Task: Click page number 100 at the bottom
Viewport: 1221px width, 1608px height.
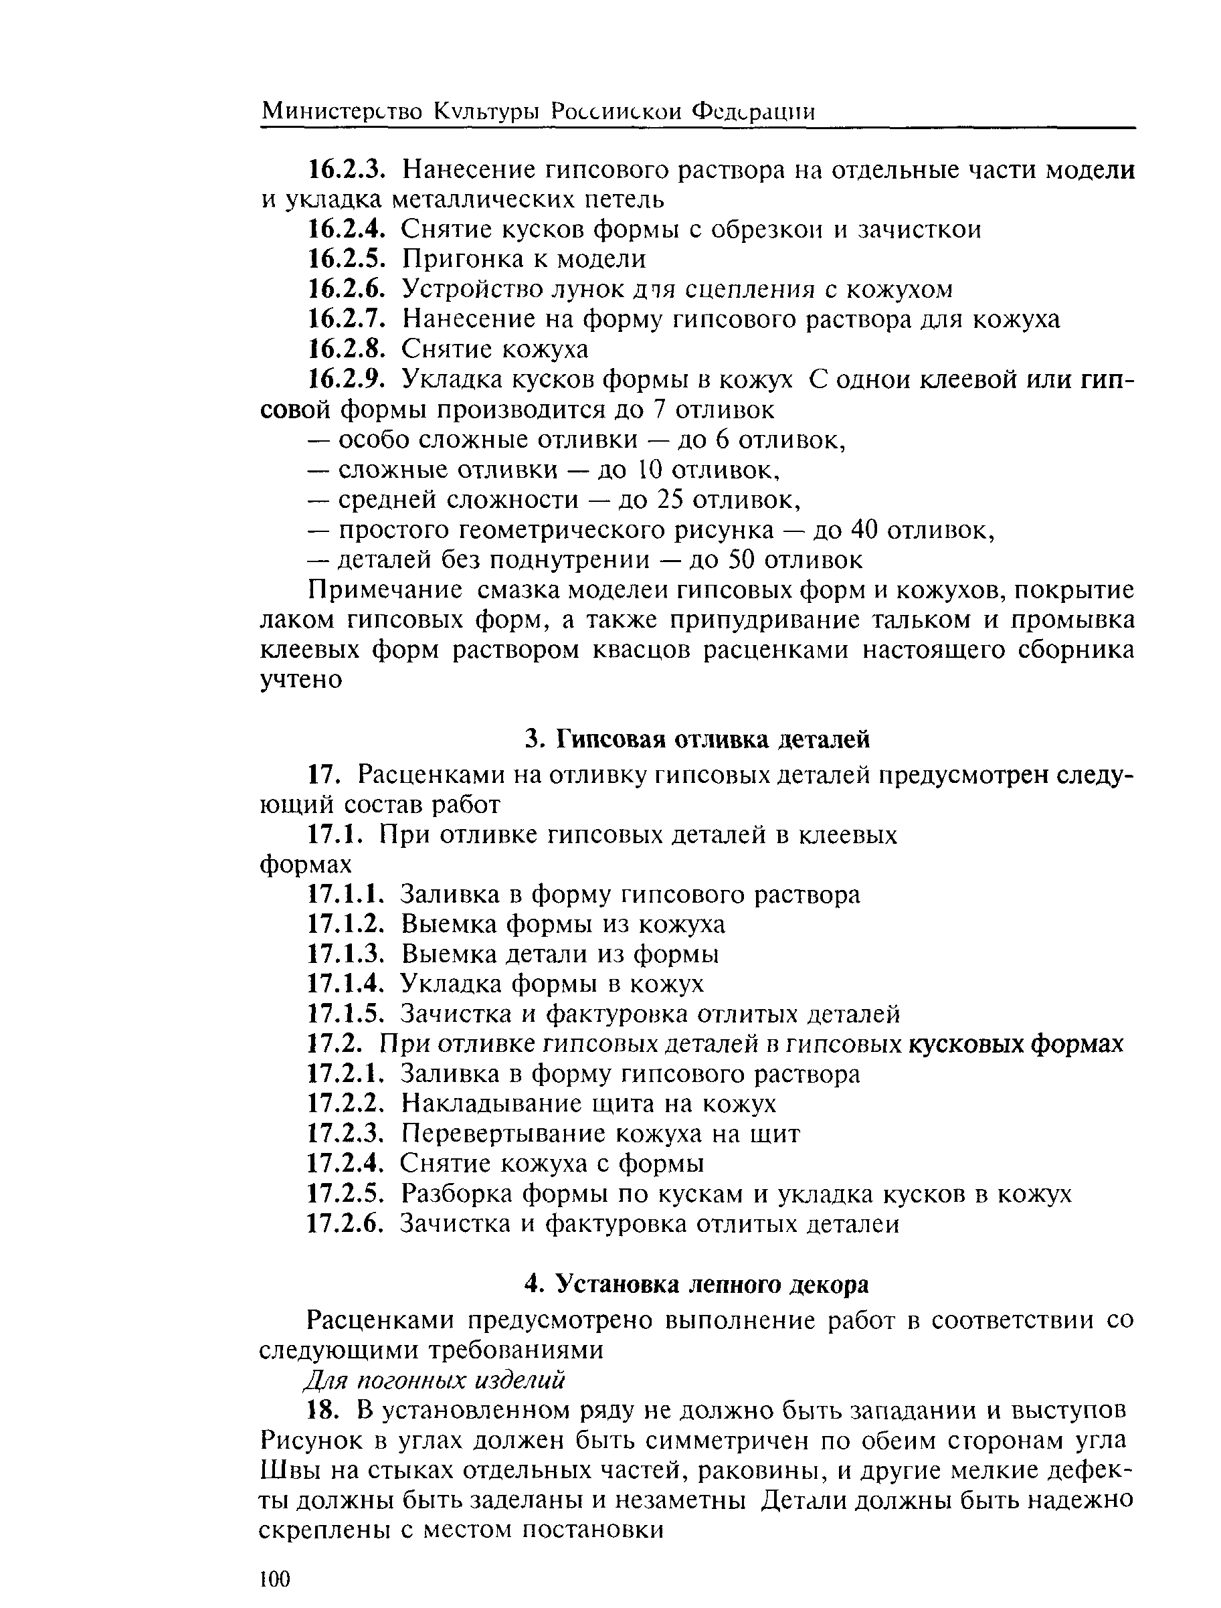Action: click(274, 1578)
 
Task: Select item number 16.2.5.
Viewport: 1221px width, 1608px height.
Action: click(345, 259)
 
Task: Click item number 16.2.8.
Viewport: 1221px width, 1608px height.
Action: click(345, 350)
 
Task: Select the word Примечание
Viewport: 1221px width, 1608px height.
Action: click(385, 590)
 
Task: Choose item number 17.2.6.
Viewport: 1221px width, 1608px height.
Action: click(345, 1224)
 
